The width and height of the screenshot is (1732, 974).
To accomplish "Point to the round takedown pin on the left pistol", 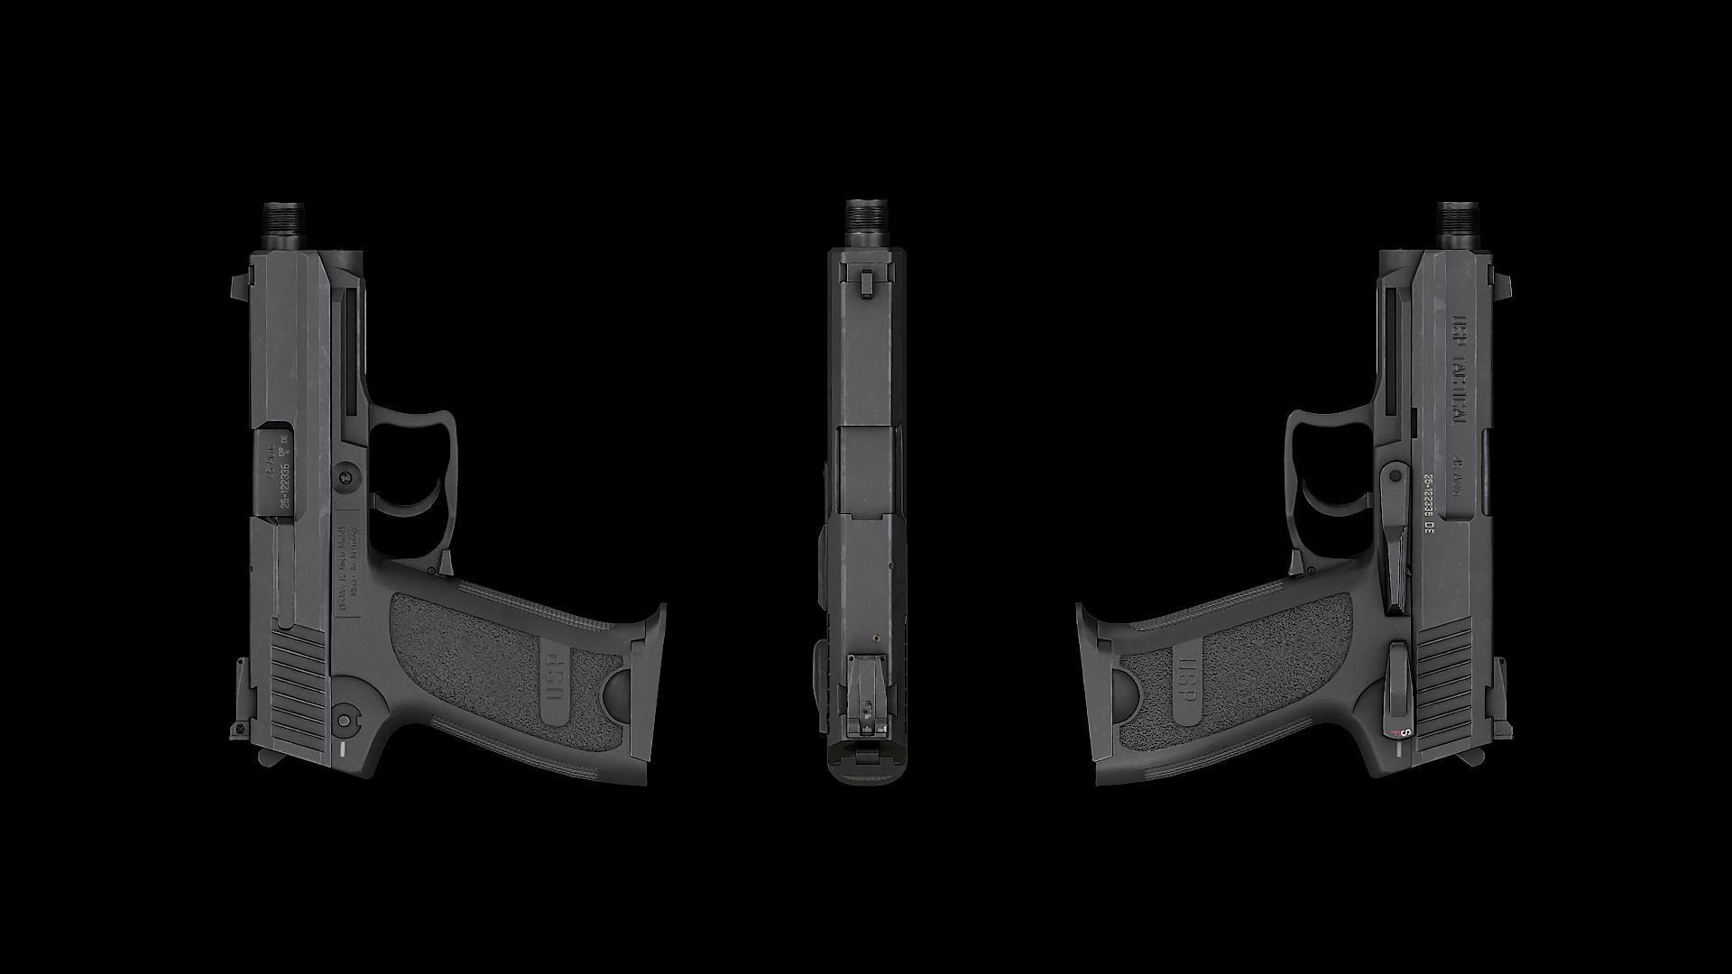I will coord(345,477).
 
